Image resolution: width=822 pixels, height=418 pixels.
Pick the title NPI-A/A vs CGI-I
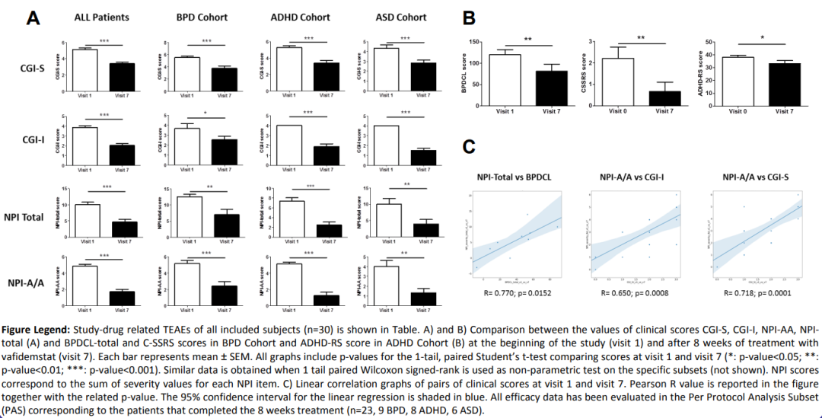(636, 177)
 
